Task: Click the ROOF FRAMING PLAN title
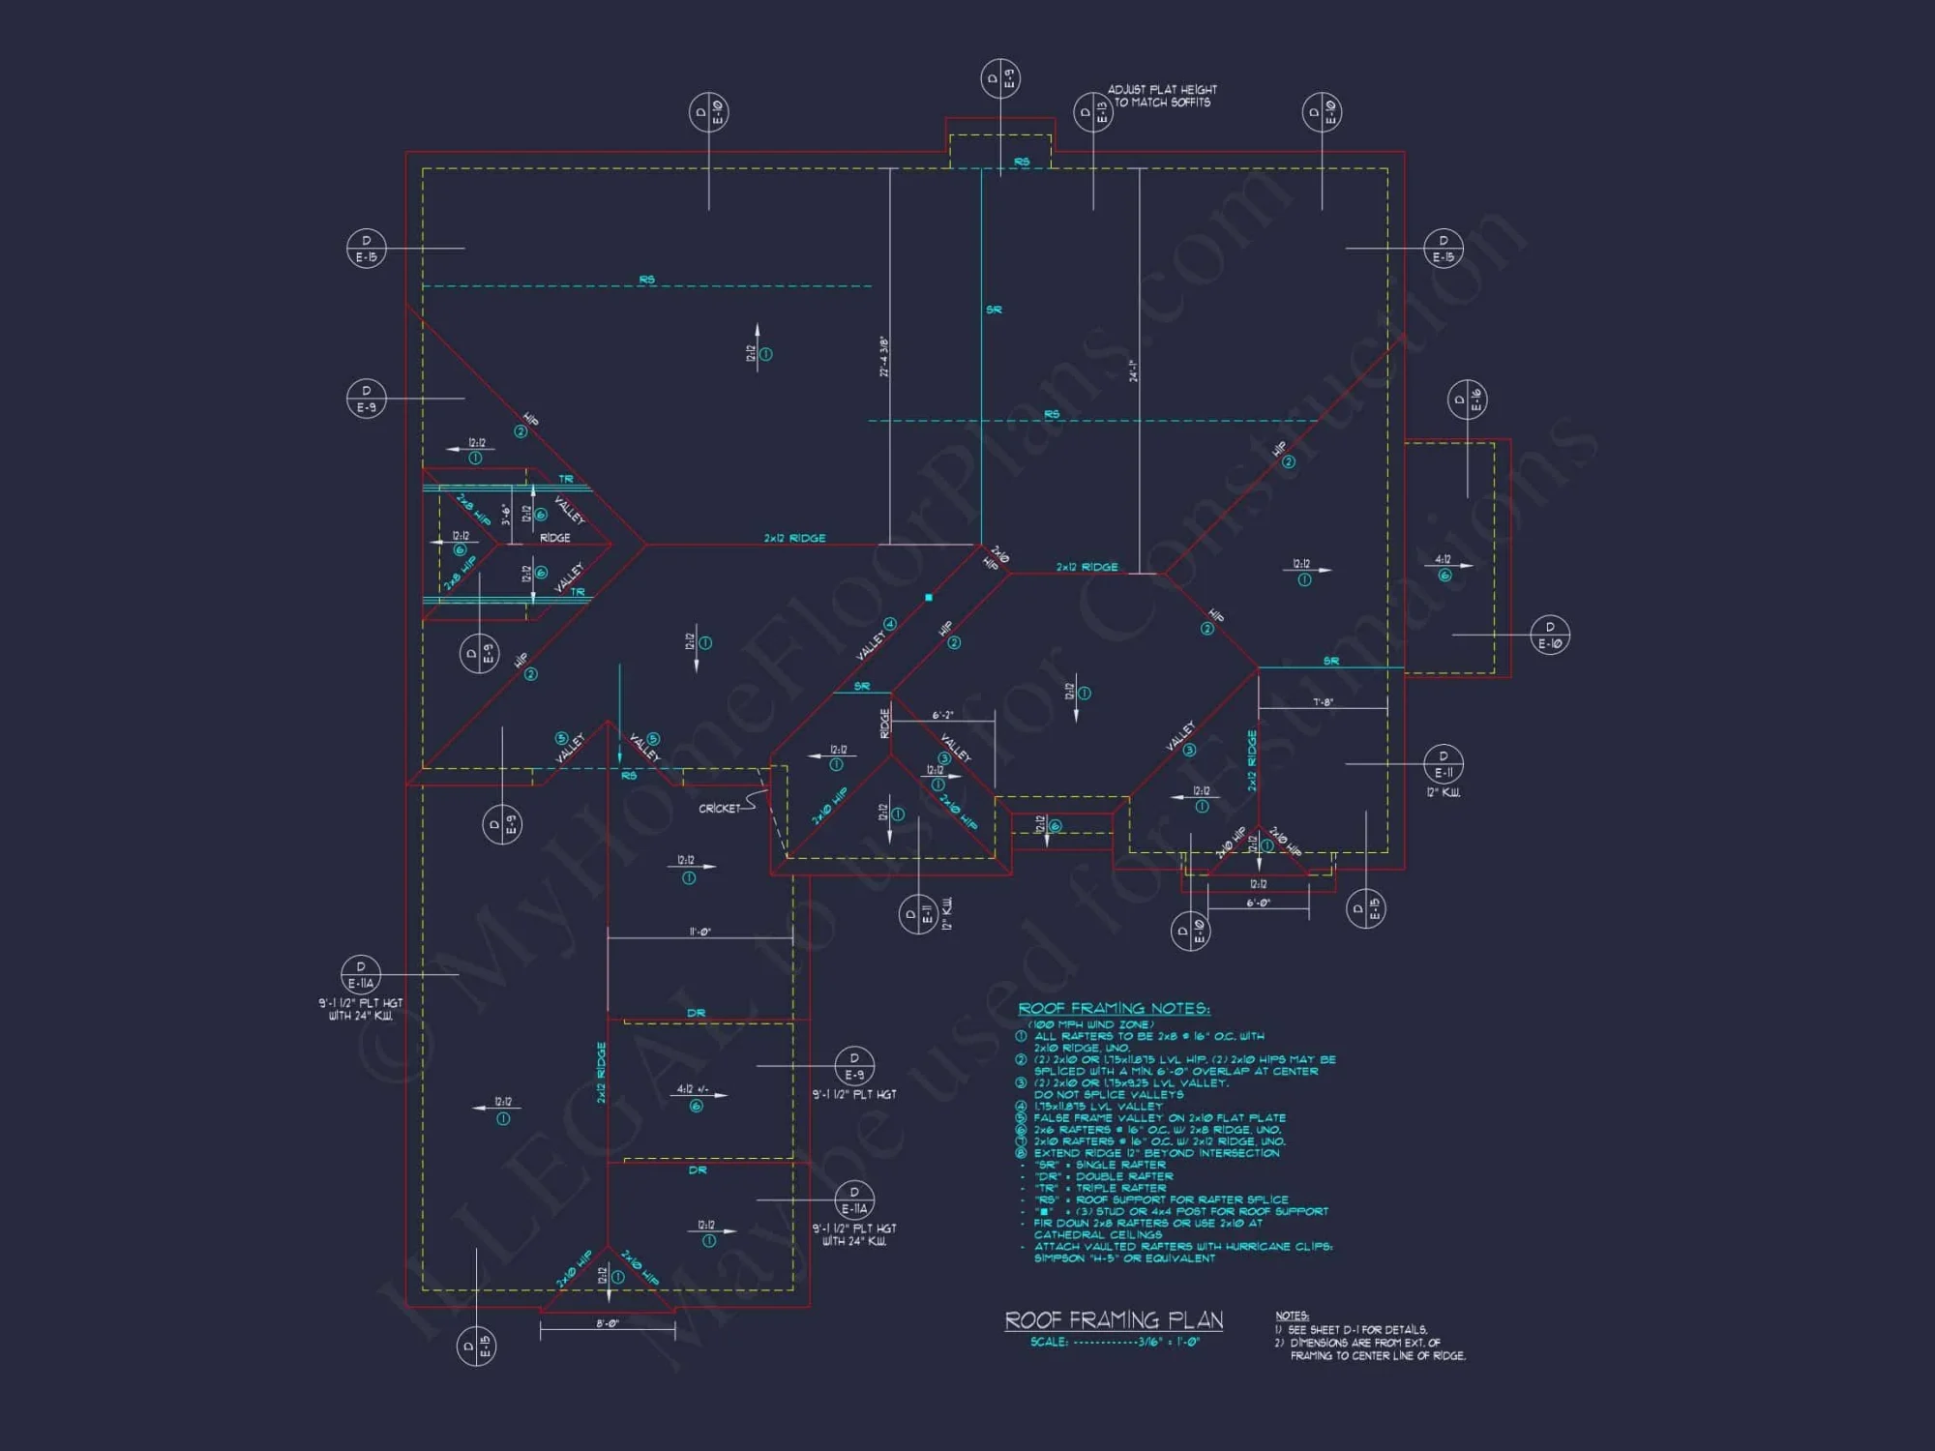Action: (x=1114, y=1320)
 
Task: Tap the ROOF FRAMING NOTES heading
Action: (x=1114, y=1009)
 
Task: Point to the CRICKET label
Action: (x=720, y=809)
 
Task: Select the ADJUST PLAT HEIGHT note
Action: (x=1162, y=96)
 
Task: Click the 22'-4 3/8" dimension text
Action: (x=883, y=357)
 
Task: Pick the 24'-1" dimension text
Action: (x=1133, y=370)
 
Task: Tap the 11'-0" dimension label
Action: (x=700, y=933)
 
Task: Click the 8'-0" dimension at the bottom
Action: (x=607, y=1323)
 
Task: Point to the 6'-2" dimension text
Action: (x=942, y=716)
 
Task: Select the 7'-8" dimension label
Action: (x=1323, y=702)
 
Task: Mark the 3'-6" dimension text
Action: (x=506, y=514)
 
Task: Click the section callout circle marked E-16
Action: (x=1467, y=400)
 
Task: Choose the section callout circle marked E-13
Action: (x=1092, y=113)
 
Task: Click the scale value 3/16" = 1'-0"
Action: (x=1169, y=1343)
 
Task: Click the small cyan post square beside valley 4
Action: (x=929, y=598)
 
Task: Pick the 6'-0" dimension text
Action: (x=1258, y=903)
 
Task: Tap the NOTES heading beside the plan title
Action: (x=1292, y=1316)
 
